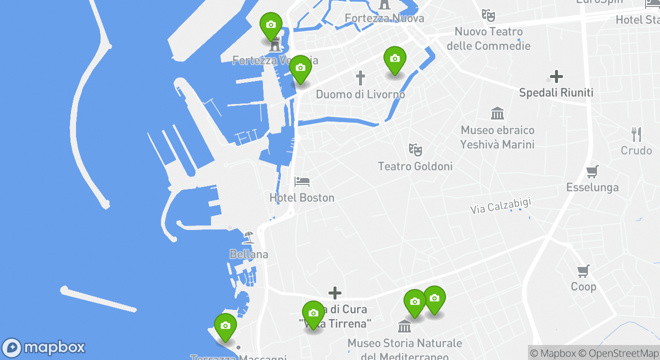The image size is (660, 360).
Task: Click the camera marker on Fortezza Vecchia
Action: point(271,25)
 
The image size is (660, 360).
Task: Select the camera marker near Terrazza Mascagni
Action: point(225,326)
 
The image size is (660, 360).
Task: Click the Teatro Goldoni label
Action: point(415,166)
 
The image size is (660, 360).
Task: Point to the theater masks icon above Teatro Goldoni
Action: point(415,149)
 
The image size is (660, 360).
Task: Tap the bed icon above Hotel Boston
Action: point(302,181)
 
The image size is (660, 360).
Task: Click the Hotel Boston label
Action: point(302,198)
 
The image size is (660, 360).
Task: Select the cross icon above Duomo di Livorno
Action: point(360,78)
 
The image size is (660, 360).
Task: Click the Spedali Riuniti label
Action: point(556,93)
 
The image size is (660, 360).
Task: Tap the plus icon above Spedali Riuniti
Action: point(556,76)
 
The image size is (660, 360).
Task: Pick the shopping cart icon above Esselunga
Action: point(592,171)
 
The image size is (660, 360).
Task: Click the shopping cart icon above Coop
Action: point(583,271)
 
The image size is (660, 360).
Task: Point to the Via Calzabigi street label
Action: point(500,206)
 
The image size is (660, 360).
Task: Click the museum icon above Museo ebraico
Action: point(497,113)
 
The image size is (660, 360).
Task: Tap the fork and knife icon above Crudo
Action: point(636,134)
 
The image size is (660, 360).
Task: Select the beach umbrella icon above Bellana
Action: point(248,237)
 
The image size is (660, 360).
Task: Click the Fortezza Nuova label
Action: point(384,18)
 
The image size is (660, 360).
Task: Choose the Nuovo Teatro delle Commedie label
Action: point(488,39)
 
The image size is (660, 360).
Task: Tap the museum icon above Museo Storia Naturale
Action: point(404,326)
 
